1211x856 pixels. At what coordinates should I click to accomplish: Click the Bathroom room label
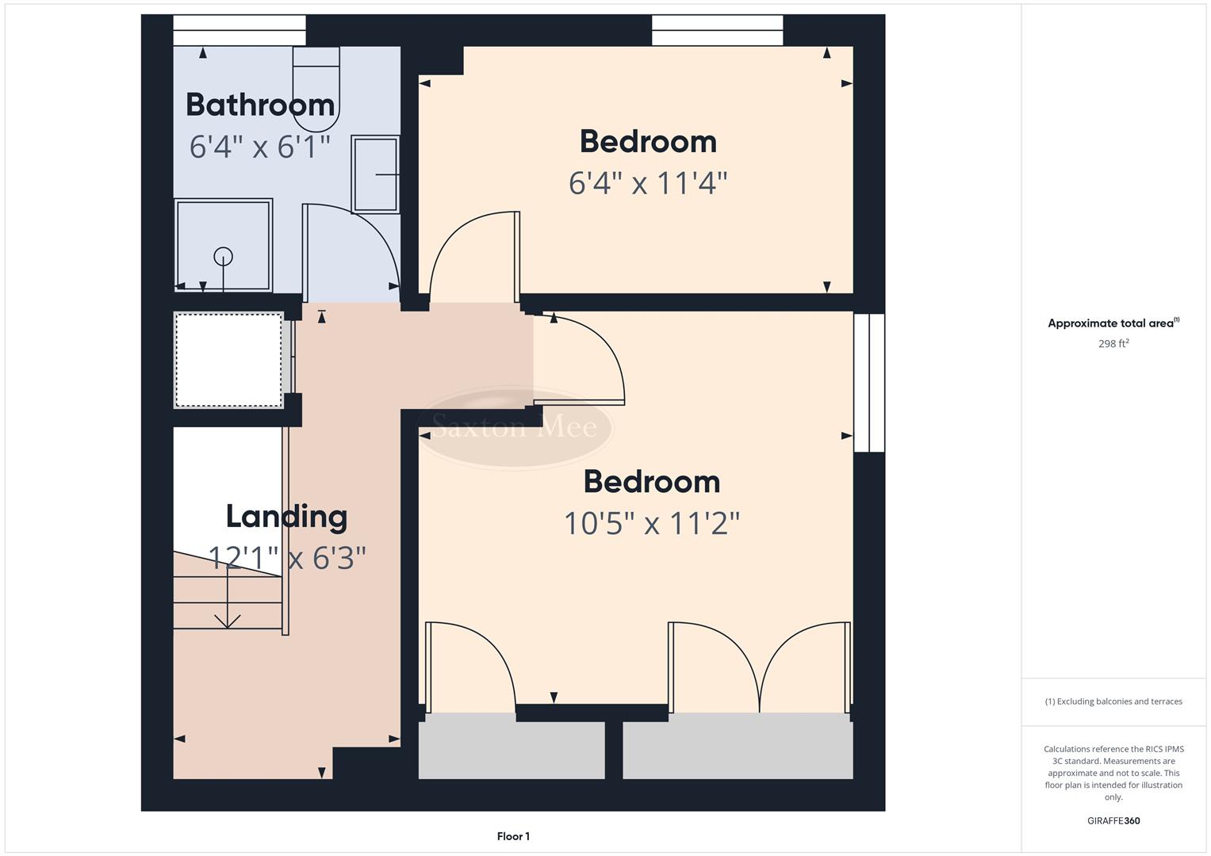260,105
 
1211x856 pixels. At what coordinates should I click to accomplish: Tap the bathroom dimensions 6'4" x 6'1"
259,147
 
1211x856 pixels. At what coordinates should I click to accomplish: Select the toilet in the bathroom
316,87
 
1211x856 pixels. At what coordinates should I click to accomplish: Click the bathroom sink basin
375,174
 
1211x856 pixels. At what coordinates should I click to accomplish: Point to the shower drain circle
224,256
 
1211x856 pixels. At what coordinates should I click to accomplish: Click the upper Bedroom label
648,142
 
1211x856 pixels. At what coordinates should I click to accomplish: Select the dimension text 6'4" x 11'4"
648,184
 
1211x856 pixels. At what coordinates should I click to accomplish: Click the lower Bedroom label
651,482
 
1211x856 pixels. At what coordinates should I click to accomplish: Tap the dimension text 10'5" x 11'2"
651,524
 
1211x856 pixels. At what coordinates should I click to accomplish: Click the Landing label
286,517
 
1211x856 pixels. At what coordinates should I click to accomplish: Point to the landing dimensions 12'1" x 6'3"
286,558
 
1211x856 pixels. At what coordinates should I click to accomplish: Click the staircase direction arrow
228,602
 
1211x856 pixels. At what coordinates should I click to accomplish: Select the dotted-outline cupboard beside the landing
228,361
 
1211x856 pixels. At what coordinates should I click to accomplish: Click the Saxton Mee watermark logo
514,428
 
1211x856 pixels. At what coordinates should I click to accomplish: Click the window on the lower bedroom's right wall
868,383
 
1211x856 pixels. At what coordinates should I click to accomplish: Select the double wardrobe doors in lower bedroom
759,666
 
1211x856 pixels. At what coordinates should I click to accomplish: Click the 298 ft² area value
1113,344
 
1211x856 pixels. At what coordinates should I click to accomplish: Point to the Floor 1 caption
513,836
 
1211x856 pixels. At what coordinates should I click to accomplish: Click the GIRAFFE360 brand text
1113,820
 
